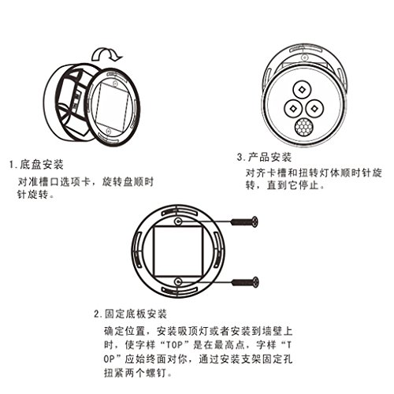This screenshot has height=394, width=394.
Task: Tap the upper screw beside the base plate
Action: (244, 222)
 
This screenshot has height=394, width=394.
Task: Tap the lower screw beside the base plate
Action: (245, 283)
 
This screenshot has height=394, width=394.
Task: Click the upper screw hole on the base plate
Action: (178, 222)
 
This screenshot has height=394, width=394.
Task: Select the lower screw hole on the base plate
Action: (178, 283)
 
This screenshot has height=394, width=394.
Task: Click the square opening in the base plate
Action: (178, 251)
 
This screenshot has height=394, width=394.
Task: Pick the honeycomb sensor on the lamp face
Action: (304, 127)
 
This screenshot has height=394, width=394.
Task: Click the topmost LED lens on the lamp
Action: (303, 90)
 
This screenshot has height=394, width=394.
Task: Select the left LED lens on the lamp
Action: (293, 108)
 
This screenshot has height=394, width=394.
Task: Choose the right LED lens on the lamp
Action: (314, 108)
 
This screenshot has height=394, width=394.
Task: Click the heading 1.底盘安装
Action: (36, 165)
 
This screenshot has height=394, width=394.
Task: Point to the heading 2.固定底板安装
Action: (130, 314)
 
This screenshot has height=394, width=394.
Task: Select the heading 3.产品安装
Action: (264, 158)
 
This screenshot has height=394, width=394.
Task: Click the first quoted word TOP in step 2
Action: (174, 345)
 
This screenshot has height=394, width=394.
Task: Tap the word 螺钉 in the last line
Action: (156, 373)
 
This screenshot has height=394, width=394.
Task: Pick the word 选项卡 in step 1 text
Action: (76, 182)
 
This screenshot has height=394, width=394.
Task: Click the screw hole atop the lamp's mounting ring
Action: (304, 58)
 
